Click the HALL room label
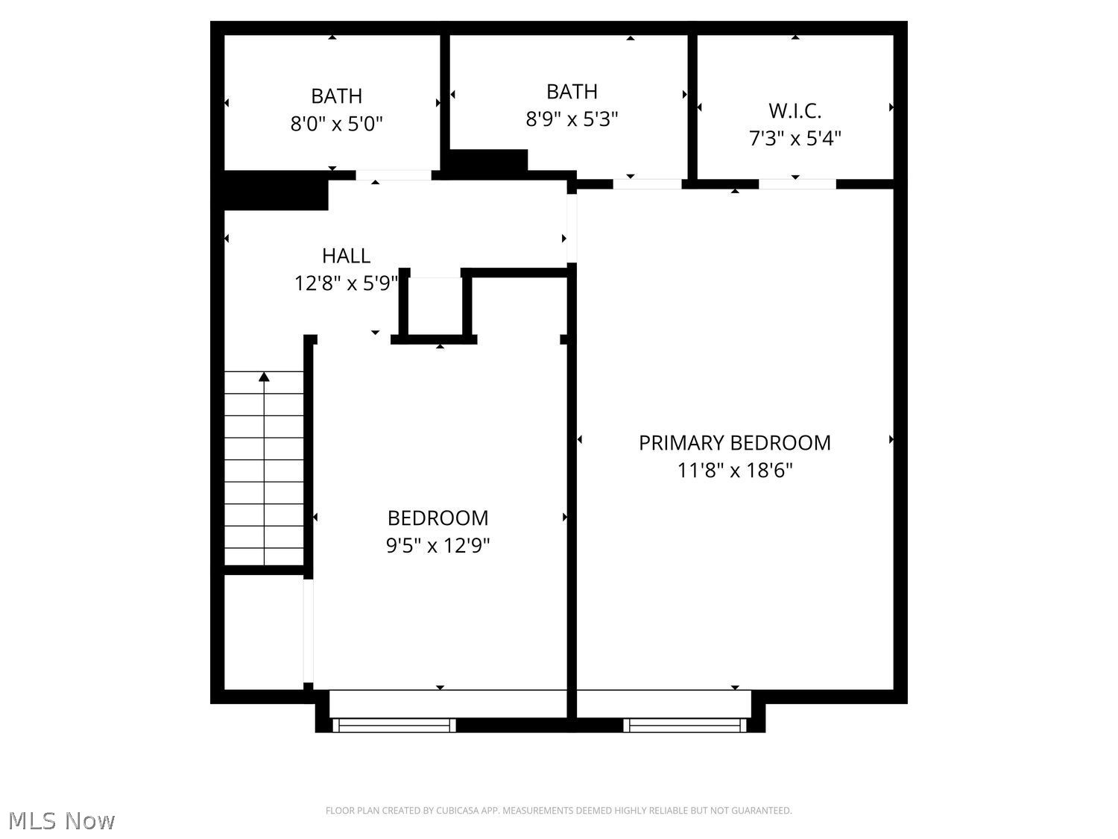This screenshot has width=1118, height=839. pos(346,256)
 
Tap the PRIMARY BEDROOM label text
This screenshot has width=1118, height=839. pos(734,443)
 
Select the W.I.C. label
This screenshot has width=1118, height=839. pos(795,110)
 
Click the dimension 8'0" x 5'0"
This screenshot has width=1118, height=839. pos(336,123)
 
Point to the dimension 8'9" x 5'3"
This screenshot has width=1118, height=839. pos(572,119)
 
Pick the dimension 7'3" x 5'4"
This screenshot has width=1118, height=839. pos(795,138)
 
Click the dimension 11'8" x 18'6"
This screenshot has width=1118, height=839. pos(734,470)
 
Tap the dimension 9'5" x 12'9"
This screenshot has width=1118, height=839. pos(438,546)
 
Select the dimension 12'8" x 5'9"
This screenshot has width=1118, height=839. pos(346,283)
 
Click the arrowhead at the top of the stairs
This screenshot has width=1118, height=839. pos(264,377)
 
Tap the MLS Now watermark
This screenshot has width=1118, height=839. pos(61,820)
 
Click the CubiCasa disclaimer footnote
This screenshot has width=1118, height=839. pos(558,811)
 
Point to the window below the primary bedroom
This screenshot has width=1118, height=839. pos(684,726)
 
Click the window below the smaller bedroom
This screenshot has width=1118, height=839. pos(394,726)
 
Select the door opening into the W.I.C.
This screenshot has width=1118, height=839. pos(797,184)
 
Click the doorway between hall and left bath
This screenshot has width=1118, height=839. pos(394,175)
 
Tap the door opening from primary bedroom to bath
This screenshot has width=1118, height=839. pos(647,184)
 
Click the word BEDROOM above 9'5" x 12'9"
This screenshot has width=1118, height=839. pos(438,518)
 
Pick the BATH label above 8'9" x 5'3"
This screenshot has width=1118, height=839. pos(572,92)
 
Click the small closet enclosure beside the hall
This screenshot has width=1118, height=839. pos(435,306)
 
